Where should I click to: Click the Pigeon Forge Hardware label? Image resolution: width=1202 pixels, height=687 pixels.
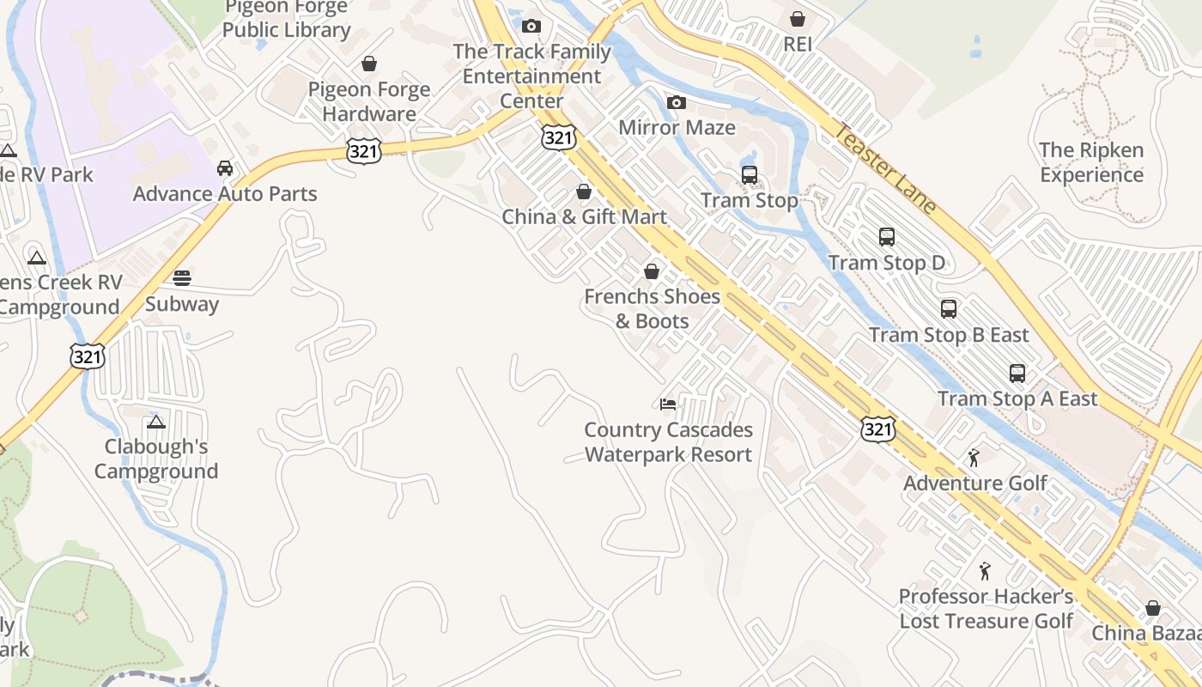tap(369, 101)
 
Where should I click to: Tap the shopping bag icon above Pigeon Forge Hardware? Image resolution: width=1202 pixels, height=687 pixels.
tap(369, 64)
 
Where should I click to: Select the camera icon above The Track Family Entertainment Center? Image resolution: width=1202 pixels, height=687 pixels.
tap(531, 26)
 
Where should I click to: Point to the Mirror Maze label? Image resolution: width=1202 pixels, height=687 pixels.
tap(677, 128)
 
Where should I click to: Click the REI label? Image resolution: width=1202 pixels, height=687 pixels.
tap(798, 44)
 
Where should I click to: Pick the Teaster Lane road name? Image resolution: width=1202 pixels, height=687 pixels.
tap(885, 169)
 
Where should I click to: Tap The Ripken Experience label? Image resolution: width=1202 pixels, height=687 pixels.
tap(1091, 162)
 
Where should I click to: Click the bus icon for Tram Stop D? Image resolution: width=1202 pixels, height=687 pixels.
tap(887, 237)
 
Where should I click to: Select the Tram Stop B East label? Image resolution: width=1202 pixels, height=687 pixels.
tap(949, 335)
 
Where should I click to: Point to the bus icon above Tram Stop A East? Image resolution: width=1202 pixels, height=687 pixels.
tap(1017, 374)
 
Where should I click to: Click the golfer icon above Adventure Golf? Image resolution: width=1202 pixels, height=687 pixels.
tap(974, 458)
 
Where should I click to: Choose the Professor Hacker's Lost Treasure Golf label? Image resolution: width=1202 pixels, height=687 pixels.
tap(986, 608)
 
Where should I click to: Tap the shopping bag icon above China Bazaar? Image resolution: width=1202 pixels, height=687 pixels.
tap(1152, 608)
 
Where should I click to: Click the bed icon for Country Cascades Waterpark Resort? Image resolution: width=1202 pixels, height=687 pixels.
tap(668, 404)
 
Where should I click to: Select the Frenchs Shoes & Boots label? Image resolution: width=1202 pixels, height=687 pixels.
tap(652, 308)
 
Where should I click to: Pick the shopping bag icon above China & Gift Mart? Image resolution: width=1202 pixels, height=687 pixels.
tap(584, 192)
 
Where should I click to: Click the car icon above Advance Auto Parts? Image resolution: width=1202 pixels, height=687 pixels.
tap(225, 168)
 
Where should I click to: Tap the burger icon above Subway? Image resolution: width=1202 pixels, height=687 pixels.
tap(182, 278)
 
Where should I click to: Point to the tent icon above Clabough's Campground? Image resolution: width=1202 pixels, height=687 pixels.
tap(155, 422)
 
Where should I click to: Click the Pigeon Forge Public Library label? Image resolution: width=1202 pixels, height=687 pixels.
tap(287, 19)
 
